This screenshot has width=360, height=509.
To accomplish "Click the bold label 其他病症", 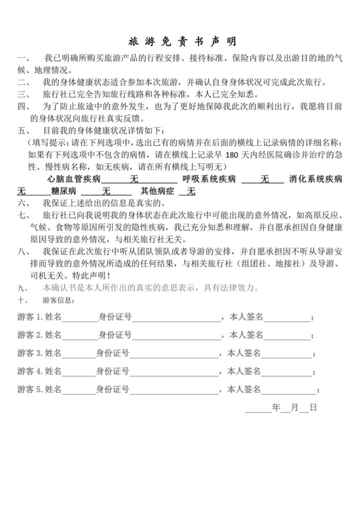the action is pyautogui.click(x=154, y=191).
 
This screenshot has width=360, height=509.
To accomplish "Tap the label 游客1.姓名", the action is pyautogui.click(x=40, y=317).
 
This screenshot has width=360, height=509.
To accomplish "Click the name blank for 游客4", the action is pyautogui.click(x=78, y=371).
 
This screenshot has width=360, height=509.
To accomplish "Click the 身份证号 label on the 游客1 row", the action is pyautogui.click(x=115, y=317).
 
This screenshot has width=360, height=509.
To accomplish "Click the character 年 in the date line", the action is pyautogui.click(x=276, y=407).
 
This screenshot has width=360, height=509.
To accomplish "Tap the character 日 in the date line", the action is pyautogui.click(x=312, y=407).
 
